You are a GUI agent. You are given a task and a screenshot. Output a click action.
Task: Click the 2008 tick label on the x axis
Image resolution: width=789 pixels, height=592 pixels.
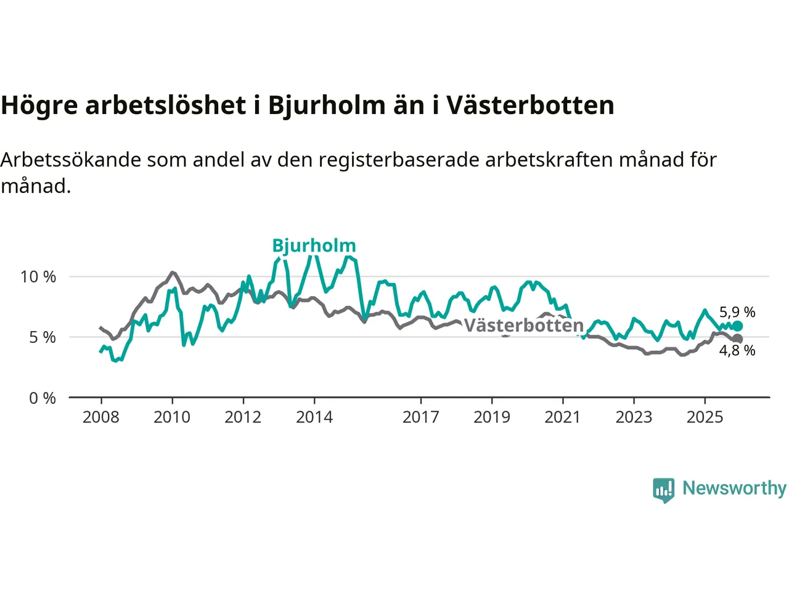(101, 417)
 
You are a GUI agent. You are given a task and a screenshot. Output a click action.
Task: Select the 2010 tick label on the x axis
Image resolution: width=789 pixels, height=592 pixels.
(172, 417)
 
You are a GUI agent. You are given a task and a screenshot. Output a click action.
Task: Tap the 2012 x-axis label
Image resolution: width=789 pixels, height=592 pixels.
(243, 417)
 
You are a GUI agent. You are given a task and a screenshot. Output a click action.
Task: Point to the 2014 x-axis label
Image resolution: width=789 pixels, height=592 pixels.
(314, 417)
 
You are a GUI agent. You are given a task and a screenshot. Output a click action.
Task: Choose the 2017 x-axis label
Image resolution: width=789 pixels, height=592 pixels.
(421, 417)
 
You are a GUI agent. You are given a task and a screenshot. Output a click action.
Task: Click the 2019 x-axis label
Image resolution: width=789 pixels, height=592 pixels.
(492, 417)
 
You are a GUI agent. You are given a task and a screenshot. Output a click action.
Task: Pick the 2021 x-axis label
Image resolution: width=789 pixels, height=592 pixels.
(563, 417)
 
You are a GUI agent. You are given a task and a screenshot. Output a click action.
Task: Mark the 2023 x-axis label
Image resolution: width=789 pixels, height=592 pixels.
(634, 417)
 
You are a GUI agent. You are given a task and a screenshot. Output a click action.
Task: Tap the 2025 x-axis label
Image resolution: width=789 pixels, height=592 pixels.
(705, 417)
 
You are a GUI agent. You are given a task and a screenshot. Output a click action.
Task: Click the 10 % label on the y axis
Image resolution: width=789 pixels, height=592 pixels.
(38, 277)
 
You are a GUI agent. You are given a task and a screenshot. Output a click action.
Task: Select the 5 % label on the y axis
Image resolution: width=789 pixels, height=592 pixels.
(43, 337)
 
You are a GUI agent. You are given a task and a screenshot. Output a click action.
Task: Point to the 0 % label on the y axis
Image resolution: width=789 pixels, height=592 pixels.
(43, 398)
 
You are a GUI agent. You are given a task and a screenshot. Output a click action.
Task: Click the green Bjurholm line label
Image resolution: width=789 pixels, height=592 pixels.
(314, 245)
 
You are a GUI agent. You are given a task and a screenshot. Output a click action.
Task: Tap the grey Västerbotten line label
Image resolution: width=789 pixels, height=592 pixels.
(523, 325)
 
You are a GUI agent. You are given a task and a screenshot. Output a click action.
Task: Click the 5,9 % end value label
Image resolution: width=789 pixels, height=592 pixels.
(737, 313)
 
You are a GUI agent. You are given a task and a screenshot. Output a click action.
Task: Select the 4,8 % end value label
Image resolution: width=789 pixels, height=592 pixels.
(737, 351)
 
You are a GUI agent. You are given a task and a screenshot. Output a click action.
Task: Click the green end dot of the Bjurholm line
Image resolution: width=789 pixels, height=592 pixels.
(737, 326)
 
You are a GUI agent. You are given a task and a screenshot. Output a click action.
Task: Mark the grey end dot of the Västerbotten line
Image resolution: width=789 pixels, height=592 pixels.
(737, 339)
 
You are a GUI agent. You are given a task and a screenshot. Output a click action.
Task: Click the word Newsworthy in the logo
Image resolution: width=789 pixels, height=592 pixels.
(734, 488)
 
